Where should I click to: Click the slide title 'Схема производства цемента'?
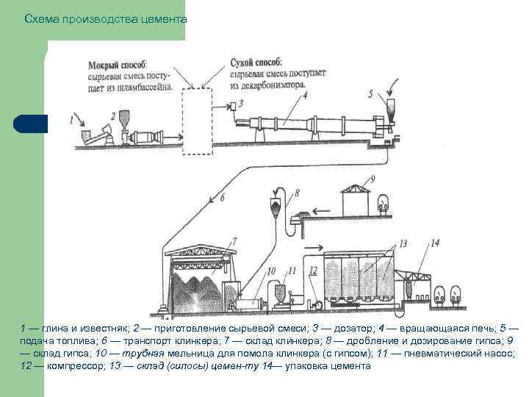coord(105,18)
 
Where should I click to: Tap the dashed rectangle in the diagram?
coord(196,121)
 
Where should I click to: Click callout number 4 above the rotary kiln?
coord(303,95)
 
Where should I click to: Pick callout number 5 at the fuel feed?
coord(370,94)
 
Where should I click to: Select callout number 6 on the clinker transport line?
coord(221,197)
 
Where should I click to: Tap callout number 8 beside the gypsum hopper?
coord(298,193)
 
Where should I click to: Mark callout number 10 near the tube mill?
coord(271,271)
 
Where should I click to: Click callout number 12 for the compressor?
coord(313,271)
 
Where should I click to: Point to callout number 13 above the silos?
coord(403,243)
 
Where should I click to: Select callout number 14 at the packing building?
coord(435,242)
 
